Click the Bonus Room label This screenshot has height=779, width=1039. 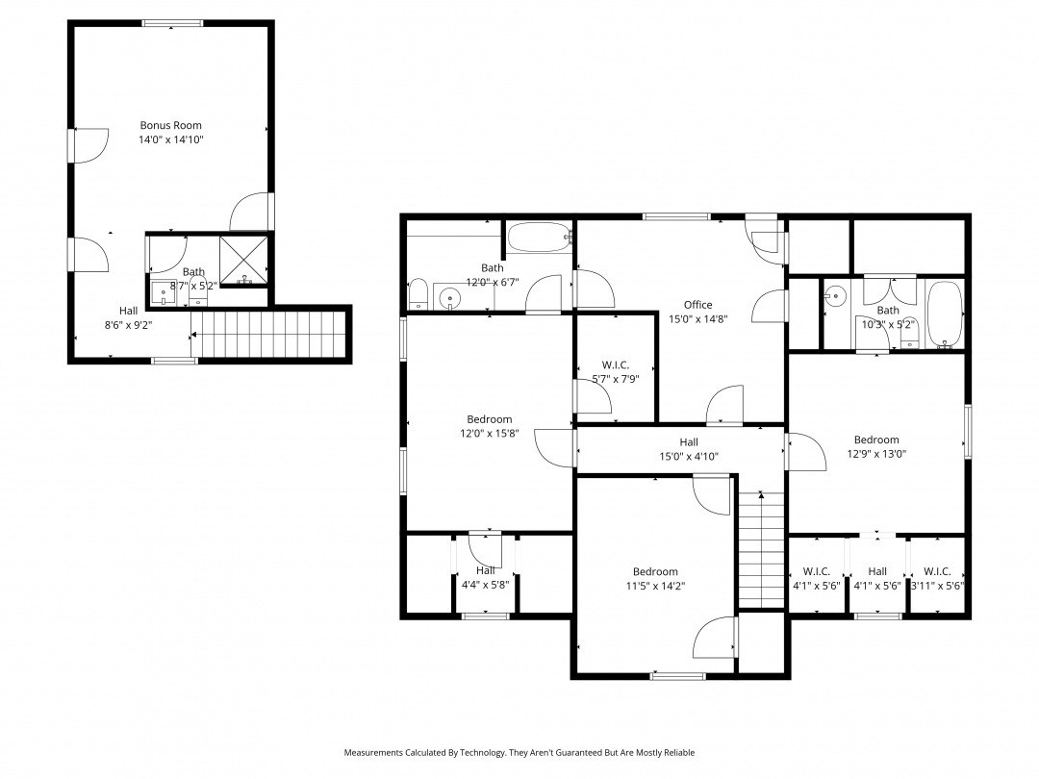click(x=170, y=125)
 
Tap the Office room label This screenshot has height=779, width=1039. click(x=697, y=305)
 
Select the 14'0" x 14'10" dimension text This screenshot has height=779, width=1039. click(x=170, y=139)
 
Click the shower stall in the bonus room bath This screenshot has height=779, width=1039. click(x=245, y=259)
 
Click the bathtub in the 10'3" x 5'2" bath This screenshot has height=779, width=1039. click(x=946, y=314)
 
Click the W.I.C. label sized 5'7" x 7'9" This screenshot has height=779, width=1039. click(x=615, y=364)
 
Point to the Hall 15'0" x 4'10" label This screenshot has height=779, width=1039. click(x=688, y=442)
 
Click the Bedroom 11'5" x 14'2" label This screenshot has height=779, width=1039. click(x=654, y=571)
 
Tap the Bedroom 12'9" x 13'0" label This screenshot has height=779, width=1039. click(x=876, y=440)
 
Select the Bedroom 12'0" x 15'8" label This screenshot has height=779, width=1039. click(x=489, y=419)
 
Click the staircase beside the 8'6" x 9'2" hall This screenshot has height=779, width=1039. click(x=268, y=334)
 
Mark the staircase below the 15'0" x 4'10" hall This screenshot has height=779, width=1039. click(x=761, y=551)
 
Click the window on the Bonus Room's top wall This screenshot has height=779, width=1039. click(x=172, y=23)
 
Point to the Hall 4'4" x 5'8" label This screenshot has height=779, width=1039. click(x=485, y=570)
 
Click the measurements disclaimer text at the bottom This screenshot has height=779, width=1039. click(x=519, y=753)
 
